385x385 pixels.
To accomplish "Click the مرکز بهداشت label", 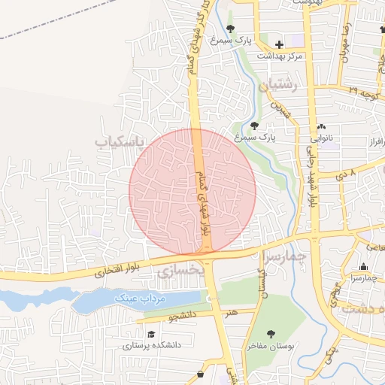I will [280, 56].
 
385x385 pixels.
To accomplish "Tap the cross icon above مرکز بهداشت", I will [279, 45].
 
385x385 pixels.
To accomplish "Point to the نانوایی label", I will [323, 138].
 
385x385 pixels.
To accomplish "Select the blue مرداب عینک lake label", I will [139, 299].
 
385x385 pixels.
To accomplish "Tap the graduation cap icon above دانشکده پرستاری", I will [151, 334].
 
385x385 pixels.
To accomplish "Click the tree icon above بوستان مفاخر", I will [271, 334].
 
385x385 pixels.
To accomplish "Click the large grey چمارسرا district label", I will [288, 259].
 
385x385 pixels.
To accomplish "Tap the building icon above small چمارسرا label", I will [364, 267].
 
